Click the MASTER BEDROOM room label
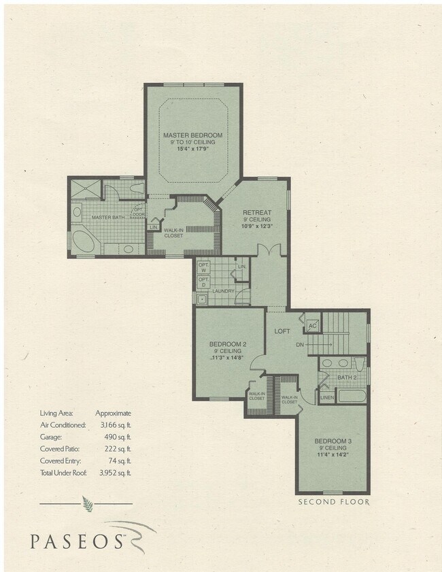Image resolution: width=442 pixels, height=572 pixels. coord(192,135)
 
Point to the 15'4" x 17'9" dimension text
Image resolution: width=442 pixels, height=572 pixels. coord(192,149)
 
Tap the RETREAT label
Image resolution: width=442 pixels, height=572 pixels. coord(257,212)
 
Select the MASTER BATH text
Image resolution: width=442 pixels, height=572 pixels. coord(107,217)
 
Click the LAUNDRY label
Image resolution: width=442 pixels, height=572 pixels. coord(223,292)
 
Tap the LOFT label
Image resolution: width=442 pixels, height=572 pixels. coord(282,331)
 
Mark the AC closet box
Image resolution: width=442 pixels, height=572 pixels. coord(313,325)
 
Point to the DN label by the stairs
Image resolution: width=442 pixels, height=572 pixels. coord(299,345)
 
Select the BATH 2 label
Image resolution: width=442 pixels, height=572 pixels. coord(347,377)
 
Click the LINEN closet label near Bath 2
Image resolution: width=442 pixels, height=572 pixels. coord(327,397)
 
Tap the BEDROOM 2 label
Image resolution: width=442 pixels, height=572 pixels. coord(227,344)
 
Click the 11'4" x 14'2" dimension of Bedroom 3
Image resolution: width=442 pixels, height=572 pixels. coord(333,456)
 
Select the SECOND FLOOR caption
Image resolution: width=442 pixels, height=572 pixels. coord(333,502)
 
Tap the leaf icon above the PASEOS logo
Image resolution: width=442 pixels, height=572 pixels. coord(86,504)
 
